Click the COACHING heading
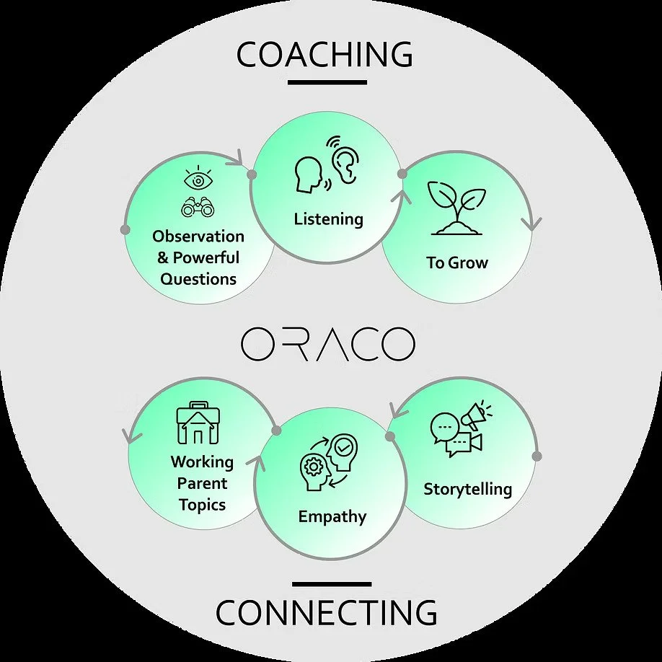click(325, 56)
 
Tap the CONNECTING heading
click(326, 613)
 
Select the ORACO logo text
click(328, 345)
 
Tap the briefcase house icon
click(197, 423)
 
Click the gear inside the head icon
click(314, 467)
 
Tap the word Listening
click(328, 219)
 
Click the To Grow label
click(456, 262)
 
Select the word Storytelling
click(467, 489)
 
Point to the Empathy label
click(332, 516)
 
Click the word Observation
click(198, 237)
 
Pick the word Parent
click(203, 483)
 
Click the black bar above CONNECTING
click(332, 583)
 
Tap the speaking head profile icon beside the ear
click(309, 175)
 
